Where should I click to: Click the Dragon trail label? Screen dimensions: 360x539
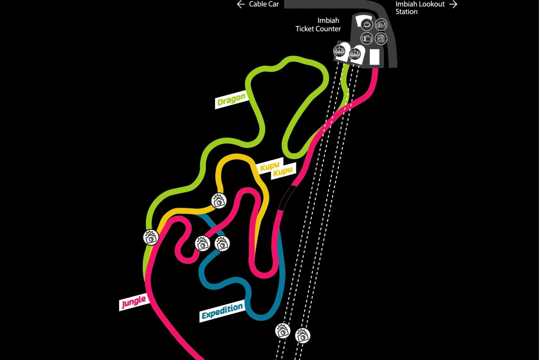click(231, 100)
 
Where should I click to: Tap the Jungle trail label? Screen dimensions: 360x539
click(134, 302)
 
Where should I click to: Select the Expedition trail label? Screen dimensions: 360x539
click(222, 311)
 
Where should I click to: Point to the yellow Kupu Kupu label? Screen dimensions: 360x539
click(276, 169)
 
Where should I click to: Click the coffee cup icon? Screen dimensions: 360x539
click(367, 24)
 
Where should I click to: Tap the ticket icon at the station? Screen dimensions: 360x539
click(367, 38)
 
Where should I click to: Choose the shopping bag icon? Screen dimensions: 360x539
click(381, 38)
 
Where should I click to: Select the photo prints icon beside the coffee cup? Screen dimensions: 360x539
click(381, 24)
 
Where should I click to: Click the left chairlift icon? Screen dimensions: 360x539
click(340, 51)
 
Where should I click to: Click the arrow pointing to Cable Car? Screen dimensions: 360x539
click(241, 4)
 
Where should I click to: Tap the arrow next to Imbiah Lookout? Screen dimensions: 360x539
click(453, 4)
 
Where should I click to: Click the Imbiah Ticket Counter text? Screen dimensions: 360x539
click(318, 24)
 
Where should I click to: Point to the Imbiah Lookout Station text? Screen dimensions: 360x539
click(420, 8)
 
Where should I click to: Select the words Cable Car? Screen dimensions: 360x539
click(264, 4)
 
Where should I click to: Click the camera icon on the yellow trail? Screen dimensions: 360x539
click(219, 201)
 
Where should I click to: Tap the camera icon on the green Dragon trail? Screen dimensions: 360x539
click(151, 238)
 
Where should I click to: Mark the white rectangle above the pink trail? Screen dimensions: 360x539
click(374, 57)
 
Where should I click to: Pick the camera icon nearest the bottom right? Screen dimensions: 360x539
click(303, 336)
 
